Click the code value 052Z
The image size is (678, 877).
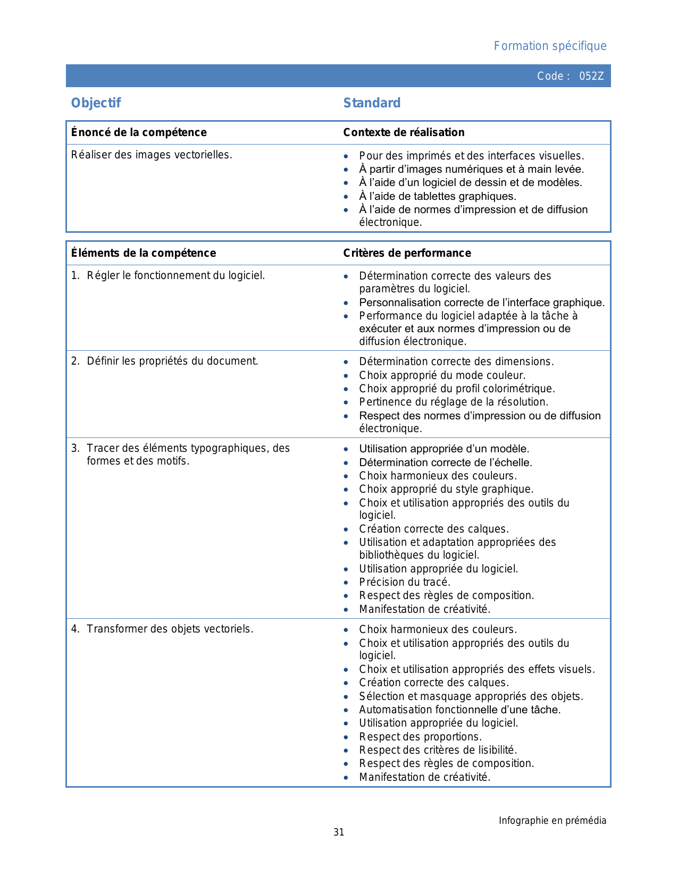(x=591, y=76)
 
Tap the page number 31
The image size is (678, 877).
(x=339, y=832)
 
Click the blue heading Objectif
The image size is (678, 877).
(x=96, y=103)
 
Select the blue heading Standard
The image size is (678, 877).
(x=372, y=103)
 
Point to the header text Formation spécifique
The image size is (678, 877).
(x=550, y=46)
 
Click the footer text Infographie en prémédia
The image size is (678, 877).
(x=552, y=821)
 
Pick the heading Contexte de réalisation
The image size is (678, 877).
(x=404, y=132)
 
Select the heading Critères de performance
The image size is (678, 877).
(x=407, y=253)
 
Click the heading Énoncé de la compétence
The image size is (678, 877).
(x=139, y=132)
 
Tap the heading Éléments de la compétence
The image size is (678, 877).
(x=144, y=253)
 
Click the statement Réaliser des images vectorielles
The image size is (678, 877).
(x=152, y=155)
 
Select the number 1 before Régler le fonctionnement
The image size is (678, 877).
(x=75, y=275)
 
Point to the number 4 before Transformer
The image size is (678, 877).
(x=75, y=629)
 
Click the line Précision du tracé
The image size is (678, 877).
(x=405, y=582)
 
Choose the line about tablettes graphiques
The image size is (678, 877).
(x=438, y=196)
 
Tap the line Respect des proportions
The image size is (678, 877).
(x=420, y=737)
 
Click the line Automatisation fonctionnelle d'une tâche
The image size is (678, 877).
(x=460, y=710)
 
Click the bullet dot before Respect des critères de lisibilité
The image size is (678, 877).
(x=346, y=750)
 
